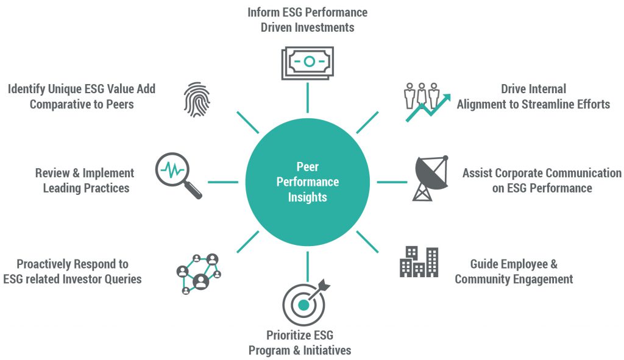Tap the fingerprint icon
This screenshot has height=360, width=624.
[196, 99]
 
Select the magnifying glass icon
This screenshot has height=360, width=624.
[179, 174]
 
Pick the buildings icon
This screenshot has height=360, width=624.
[419, 261]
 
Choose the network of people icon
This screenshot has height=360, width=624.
[199, 273]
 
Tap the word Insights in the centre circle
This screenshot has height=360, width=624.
[308, 197]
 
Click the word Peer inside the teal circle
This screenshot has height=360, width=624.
[308, 166]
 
